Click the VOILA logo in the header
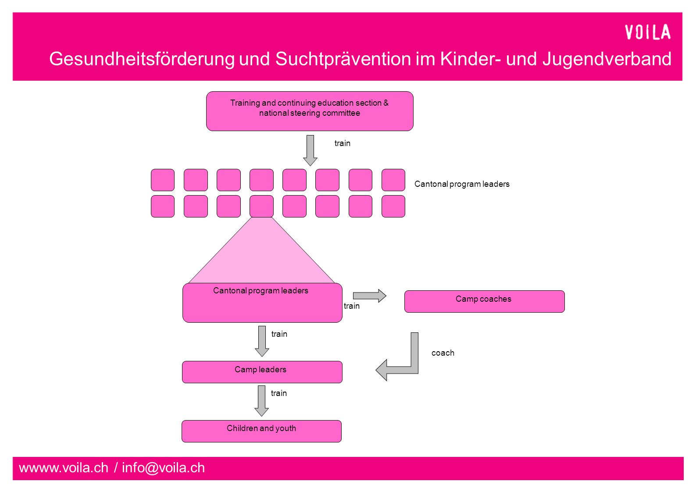point(647,32)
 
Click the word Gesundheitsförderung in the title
point(142,59)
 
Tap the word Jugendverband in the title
point(607,59)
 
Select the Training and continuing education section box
point(310,111)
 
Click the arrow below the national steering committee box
point(310,150)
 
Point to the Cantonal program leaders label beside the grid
point(462,184)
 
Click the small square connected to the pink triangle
point(261,206)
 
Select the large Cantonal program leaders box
point(262,303)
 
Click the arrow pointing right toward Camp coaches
point(369,296)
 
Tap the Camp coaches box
point(485,301)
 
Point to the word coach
point(443,353)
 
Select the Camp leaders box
point(262,372)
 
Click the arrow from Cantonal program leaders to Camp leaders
point(262,341)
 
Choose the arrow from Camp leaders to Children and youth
point(262,401)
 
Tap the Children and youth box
point(261,431)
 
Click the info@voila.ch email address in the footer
point(164,468)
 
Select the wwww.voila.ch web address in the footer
point(64,468)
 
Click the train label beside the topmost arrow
point(342,143)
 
